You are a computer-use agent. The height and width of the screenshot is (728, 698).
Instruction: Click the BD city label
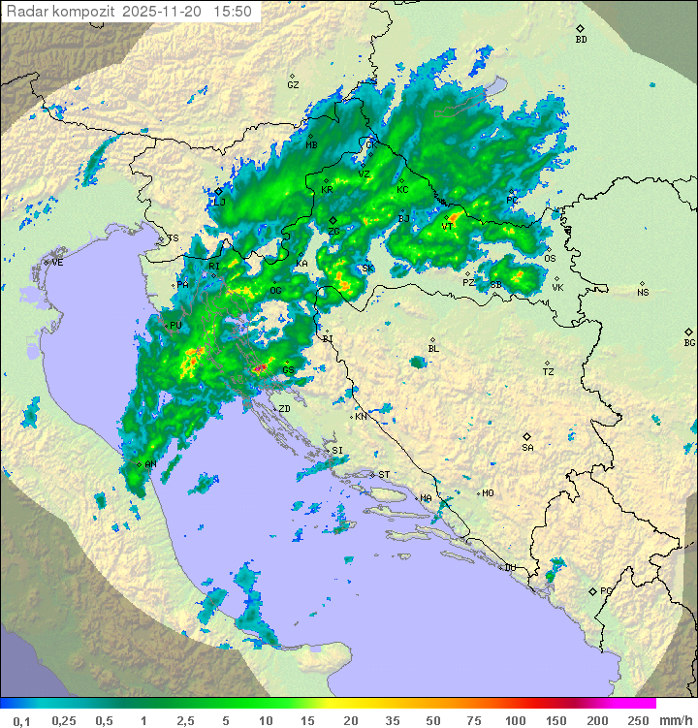581,40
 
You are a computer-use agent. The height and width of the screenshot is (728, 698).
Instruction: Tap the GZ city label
293,84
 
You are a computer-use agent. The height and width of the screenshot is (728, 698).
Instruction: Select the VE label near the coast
57,263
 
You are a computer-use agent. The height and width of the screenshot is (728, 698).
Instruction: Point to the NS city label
643,292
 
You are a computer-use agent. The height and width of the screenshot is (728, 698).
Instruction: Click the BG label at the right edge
689,342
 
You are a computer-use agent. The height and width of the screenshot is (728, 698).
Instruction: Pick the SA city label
527,447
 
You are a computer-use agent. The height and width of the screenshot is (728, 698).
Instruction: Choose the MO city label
488,493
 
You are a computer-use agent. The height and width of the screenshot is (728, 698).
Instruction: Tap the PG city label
606,590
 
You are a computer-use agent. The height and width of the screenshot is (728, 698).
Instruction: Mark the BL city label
433,348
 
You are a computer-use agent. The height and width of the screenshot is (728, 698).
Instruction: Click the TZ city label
548,371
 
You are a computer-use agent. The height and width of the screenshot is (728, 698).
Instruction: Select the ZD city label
284,409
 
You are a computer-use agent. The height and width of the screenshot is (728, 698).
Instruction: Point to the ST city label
383,474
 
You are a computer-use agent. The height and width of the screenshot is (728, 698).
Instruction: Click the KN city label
361,416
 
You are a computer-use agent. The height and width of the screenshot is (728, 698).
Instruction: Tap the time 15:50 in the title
234,12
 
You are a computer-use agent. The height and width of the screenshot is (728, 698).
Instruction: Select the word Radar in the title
26,12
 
